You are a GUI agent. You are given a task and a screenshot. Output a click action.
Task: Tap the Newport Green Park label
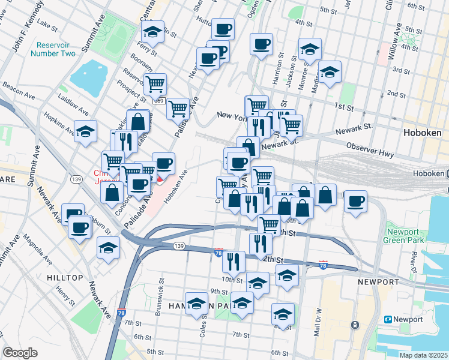[406, 236]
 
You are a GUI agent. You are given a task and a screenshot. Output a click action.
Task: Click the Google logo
[20, 353]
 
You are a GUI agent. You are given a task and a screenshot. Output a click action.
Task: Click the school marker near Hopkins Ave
[85, 131]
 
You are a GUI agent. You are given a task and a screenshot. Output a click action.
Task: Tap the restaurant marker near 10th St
[233, 261]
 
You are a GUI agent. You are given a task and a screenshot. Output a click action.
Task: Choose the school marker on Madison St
[330, 72]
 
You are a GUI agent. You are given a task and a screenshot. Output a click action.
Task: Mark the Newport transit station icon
[388, 319]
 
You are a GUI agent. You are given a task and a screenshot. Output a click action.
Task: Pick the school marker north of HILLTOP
[107, 248]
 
